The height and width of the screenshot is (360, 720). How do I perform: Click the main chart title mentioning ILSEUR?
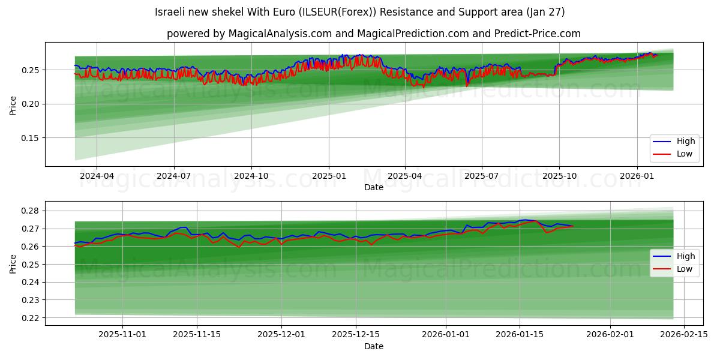tap(359, 12)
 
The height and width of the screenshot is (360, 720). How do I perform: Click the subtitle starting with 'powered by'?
tap(373, 34)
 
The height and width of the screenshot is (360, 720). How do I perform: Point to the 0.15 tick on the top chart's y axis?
tap(30, 138)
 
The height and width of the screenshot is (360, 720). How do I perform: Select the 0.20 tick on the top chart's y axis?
tap(30, 104)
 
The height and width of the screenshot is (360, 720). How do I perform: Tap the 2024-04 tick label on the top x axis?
tap(97, 176)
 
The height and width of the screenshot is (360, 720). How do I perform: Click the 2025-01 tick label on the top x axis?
tap(328, 176)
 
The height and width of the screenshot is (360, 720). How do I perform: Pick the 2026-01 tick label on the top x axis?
tap(637, 176)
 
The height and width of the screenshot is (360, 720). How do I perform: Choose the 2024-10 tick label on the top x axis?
tap(251, 176)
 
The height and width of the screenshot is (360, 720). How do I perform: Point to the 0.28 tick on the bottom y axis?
tap(30, 211)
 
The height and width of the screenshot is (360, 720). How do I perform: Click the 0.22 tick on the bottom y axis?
tap(30, 318)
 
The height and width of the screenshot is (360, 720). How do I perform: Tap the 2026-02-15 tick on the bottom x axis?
tap(684, 335)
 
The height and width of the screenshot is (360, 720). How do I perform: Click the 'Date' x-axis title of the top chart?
tap(373, 187)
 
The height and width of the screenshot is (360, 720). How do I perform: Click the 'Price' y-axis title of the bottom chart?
tap(13, 263)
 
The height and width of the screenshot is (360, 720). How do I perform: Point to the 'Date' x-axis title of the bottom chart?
tap(373, 346)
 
